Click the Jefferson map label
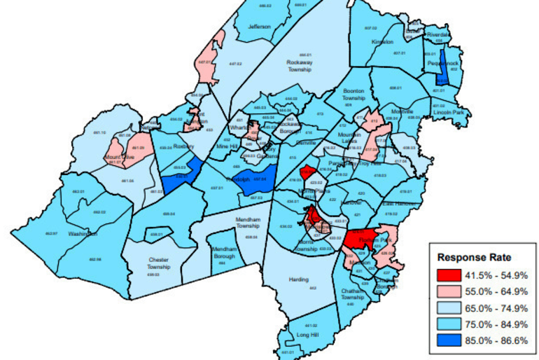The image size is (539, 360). [x=258, y=27]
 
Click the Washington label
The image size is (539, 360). [x=83, y=233]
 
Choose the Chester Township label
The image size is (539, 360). [x=159, y=263]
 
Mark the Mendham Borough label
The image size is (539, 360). [x=225, y=252]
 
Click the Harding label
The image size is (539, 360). [x=298, y=279]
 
